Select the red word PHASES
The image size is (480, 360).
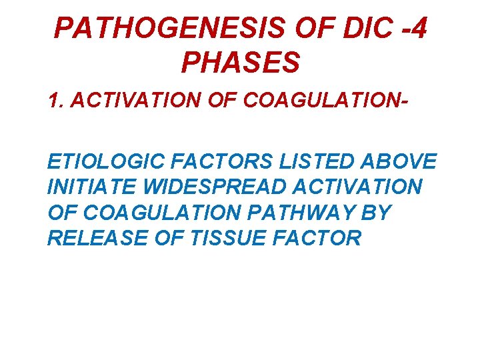pos(240,63)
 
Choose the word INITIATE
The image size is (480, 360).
pos(87,187)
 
